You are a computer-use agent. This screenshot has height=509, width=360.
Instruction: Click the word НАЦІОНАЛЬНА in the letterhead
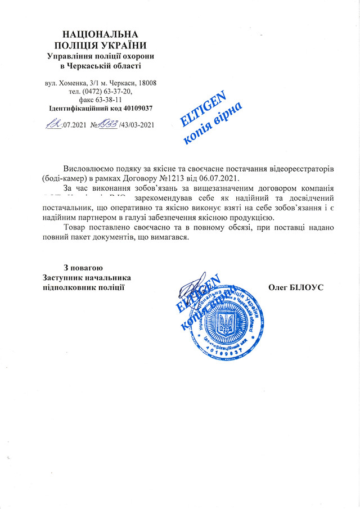point(99,35)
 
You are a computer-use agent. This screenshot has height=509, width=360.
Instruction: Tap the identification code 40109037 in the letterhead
point(134,107)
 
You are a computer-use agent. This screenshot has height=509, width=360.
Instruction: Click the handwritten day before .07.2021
point(54,123)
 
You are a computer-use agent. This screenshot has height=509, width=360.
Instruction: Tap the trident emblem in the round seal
point(227,322)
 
